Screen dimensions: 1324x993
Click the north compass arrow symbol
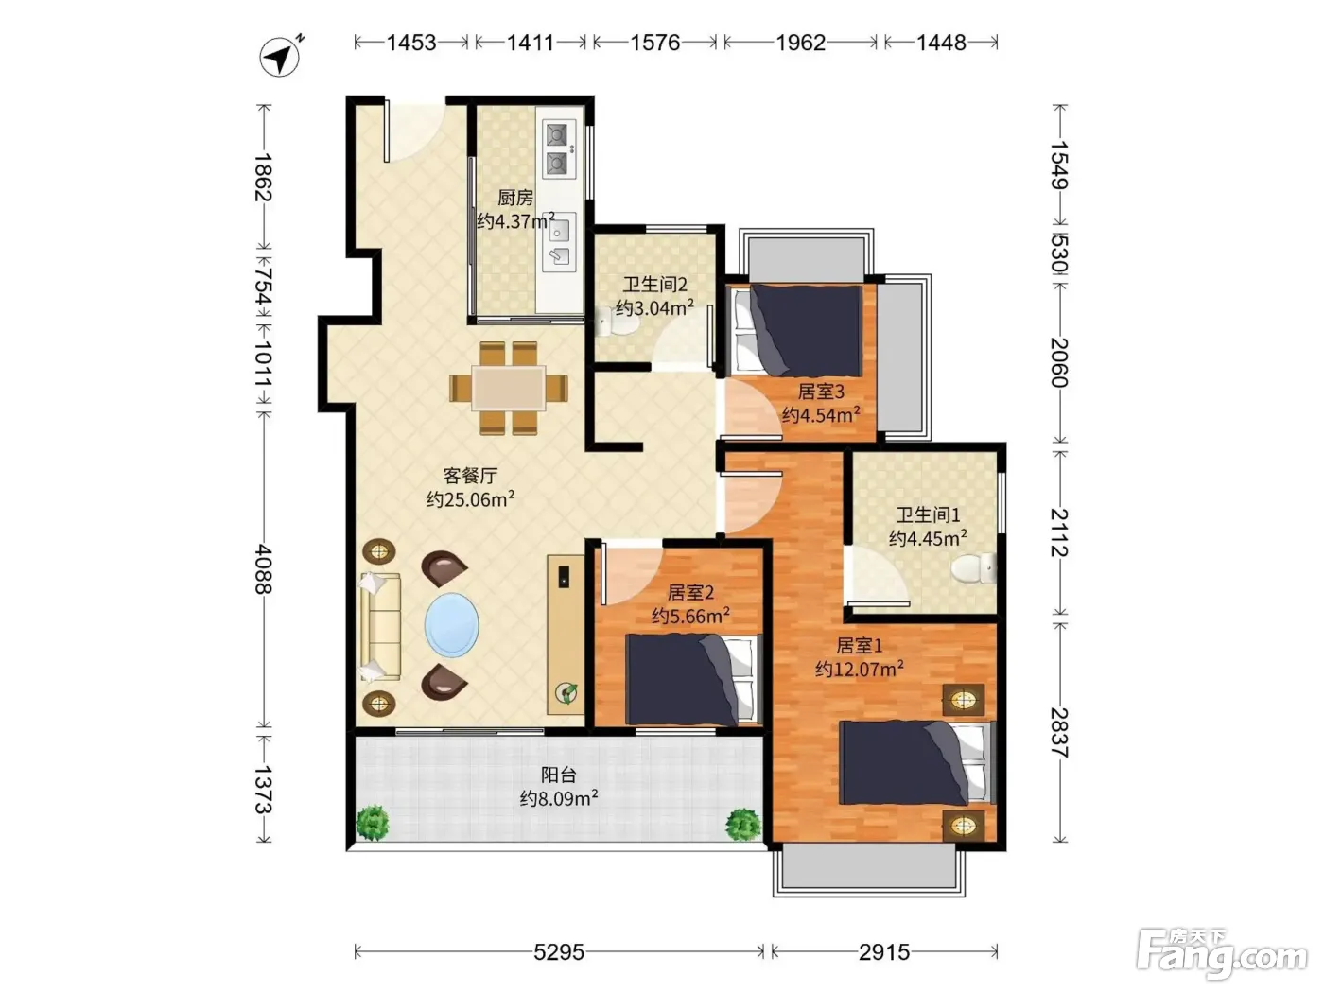(x=280, y=58)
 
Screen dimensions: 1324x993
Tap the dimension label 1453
(x=410, y=43)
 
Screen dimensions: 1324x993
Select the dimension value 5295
(x=559, y=952)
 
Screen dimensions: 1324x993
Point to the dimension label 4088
(x=264, y=568)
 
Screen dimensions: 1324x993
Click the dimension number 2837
(x=1059, y=732)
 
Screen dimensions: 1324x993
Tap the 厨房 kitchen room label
(x=515, y=197)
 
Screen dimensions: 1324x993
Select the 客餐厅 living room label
(x=470, y=476)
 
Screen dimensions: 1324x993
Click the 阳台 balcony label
(x=558, y=775)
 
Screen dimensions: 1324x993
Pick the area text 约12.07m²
(x=859, y=669)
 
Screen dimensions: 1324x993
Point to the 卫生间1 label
(x=927, y=514)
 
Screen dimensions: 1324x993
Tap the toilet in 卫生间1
(x=973, y=568)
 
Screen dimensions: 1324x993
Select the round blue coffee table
(x=452, y=625)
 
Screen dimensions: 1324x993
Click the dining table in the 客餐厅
(x=509, y=389)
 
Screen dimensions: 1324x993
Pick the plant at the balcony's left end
(x=373, y=823)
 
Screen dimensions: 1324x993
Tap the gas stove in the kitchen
(x=559, y=148)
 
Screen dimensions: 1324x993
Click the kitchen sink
(x=559, y=242)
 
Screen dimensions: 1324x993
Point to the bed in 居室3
(x=796, y=331)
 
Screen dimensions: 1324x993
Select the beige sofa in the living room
(x=380, y=627)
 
